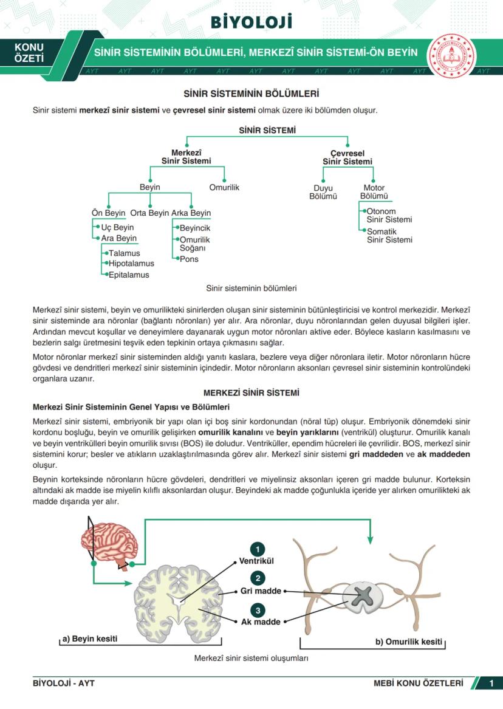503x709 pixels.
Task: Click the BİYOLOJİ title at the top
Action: click(251, 22)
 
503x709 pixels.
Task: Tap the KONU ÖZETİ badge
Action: click(29, 53)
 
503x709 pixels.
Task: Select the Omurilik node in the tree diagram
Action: click(224, 187)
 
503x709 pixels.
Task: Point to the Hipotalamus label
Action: click(131, 264)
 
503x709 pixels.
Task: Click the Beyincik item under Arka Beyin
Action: click(194, 228)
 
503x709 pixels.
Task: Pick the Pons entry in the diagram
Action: click(189, 259)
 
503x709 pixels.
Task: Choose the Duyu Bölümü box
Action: click(323, 192)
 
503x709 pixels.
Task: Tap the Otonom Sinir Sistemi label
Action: click(389, 216)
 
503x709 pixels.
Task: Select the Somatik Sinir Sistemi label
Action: click(389, 236)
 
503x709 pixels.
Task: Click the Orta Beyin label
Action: click(149, 213)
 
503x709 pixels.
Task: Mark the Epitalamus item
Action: click(129, 275)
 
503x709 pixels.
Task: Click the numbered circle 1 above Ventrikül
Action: click(258, 549)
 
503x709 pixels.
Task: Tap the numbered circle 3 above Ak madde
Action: click(258, 610)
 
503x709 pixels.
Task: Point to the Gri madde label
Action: click(260, 591)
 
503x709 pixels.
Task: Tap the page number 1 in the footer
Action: click(491, 683)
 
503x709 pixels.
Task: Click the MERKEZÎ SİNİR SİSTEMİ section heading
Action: click(251, 393)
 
